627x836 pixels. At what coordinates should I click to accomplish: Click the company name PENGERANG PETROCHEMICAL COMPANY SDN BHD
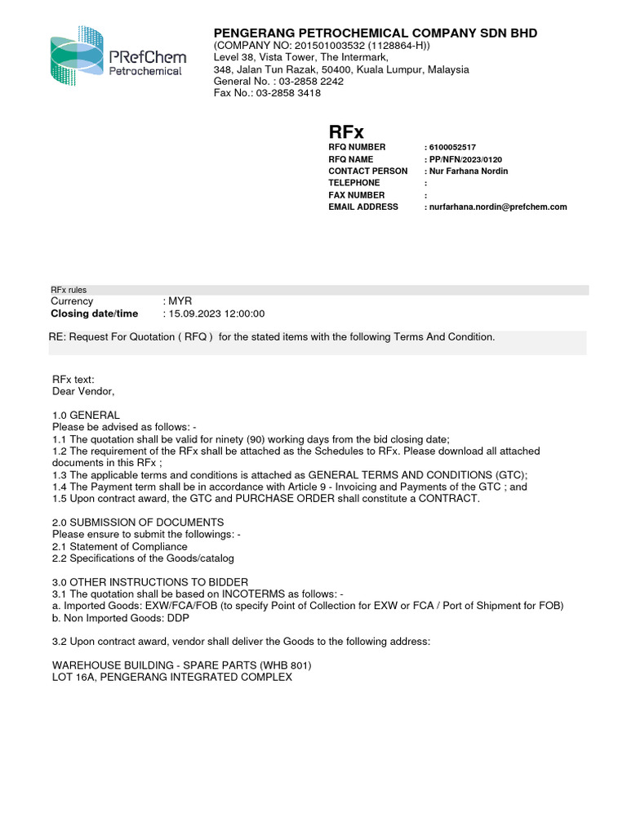click(x=376, y=33)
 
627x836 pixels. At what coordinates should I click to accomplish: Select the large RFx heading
click(x=346, y=131)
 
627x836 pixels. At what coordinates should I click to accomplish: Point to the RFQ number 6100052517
click(x=452, y=147)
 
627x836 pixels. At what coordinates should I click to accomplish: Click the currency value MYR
click(x=180, y=301)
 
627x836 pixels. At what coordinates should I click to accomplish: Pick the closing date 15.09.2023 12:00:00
click(x=216, y=313)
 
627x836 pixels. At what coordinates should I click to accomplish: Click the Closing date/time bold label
click(x=95, y=313)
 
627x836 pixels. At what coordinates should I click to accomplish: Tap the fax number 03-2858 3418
click(x=267, y=93)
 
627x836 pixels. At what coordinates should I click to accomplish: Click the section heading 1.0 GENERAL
click(x=86, y=415)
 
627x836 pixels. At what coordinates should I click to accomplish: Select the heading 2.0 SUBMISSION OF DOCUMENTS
click(x=138, y=522)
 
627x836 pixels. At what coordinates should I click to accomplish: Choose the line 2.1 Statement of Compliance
click(x=120, y=546)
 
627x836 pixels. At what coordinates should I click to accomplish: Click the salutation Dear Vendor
click(x=83, y=391)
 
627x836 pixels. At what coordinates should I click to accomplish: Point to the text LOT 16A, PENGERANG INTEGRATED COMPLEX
click(x=172, y=678)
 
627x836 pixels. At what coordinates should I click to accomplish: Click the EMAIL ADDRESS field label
click(x=363, y=207)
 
